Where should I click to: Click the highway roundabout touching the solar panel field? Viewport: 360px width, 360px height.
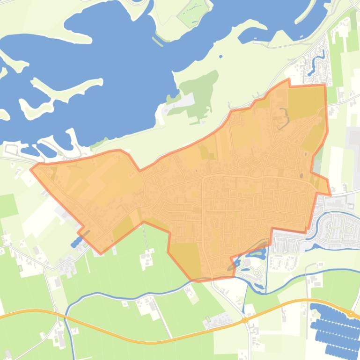pos(351,313)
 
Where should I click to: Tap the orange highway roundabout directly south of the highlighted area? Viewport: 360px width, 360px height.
pos(245,320)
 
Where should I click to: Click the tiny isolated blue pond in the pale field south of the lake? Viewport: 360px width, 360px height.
pos(220,58)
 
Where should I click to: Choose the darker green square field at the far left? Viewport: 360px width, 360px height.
pos(8,206)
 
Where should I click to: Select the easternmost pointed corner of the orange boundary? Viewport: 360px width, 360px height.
pos(331,194)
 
